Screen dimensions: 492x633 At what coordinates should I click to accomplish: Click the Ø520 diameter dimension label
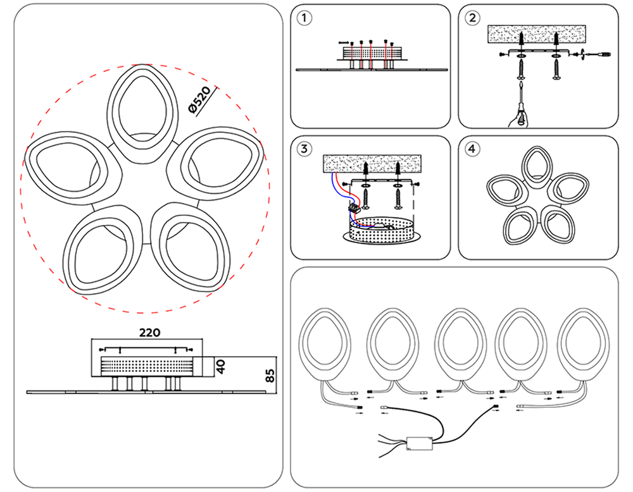199,101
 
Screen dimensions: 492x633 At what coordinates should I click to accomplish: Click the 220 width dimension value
149,332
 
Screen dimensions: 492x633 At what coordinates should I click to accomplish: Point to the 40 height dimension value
221,367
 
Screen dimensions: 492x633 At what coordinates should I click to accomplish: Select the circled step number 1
305,18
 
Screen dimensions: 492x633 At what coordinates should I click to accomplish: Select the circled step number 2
472,18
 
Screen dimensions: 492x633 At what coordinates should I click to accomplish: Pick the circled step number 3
305,149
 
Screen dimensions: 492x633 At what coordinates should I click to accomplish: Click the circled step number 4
472,149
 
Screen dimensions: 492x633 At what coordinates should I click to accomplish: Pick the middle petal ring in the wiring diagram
457,345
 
